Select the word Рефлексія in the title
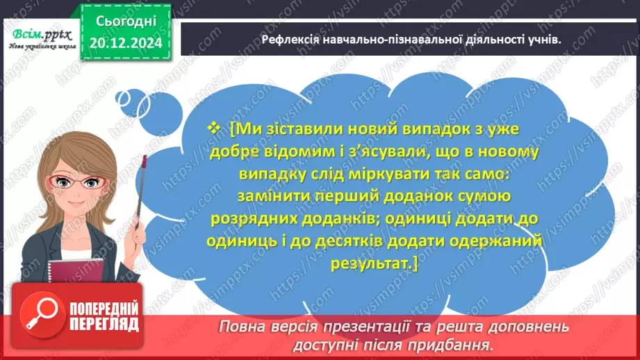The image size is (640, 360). point(292,40)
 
